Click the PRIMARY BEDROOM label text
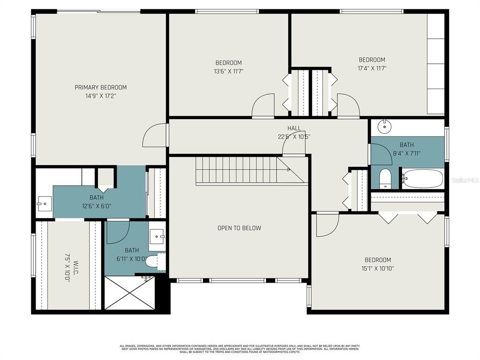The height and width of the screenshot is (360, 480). [100, 87]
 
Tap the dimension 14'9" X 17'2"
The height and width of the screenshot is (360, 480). [100, 96]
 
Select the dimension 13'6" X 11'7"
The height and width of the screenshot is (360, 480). [228, 71]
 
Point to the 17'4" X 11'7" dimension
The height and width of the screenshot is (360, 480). [372, 68]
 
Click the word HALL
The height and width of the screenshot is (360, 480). [294, 128]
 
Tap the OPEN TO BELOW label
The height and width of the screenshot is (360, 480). [239, 228]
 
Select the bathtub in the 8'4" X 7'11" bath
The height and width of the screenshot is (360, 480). [423, 179]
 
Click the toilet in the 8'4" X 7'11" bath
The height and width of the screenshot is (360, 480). [385, 179]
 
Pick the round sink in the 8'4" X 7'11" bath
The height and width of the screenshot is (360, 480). [384, 125]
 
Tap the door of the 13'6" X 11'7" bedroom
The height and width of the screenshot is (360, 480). [263, 106]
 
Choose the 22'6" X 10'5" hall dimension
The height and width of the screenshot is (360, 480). [294, 137]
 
